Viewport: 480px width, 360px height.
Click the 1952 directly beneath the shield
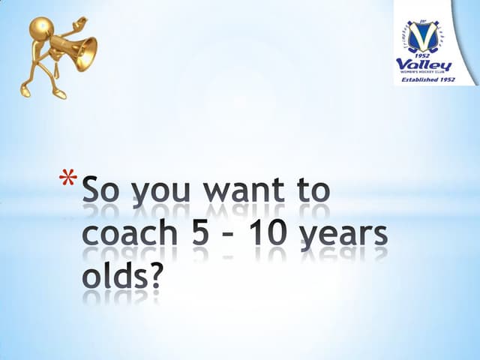click(434, 56)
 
